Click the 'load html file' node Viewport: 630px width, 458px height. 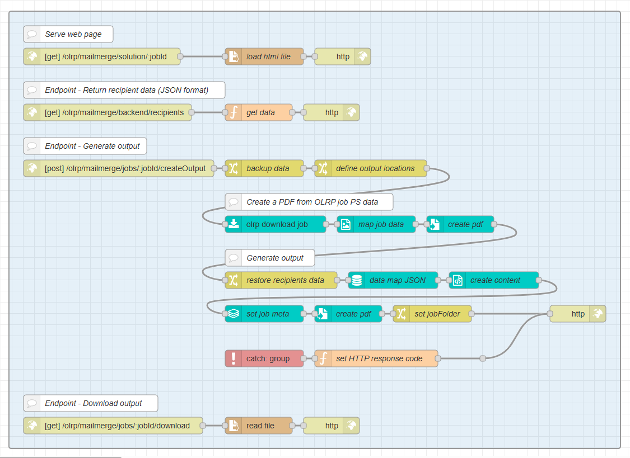264,56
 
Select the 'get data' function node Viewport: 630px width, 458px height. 259,112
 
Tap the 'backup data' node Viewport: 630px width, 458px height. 264,168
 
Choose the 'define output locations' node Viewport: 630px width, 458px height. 371,168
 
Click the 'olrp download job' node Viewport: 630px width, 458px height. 276,224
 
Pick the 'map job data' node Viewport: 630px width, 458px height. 376,224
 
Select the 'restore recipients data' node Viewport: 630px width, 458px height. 281,280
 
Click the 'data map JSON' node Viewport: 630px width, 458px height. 393,280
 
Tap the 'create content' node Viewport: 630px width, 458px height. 494,280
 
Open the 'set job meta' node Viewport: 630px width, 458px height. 264,314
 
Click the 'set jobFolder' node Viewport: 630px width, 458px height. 432,314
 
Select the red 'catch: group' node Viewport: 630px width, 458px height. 264,358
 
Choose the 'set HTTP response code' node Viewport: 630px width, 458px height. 376,358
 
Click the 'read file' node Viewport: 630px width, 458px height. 259,426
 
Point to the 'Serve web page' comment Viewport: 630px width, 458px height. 68,34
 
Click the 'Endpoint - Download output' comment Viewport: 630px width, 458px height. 91,403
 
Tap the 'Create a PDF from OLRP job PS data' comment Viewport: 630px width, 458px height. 309,202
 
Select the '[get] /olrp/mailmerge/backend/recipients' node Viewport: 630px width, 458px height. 108,112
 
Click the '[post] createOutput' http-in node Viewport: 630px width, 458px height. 119,168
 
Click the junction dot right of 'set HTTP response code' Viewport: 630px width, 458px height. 483,358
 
